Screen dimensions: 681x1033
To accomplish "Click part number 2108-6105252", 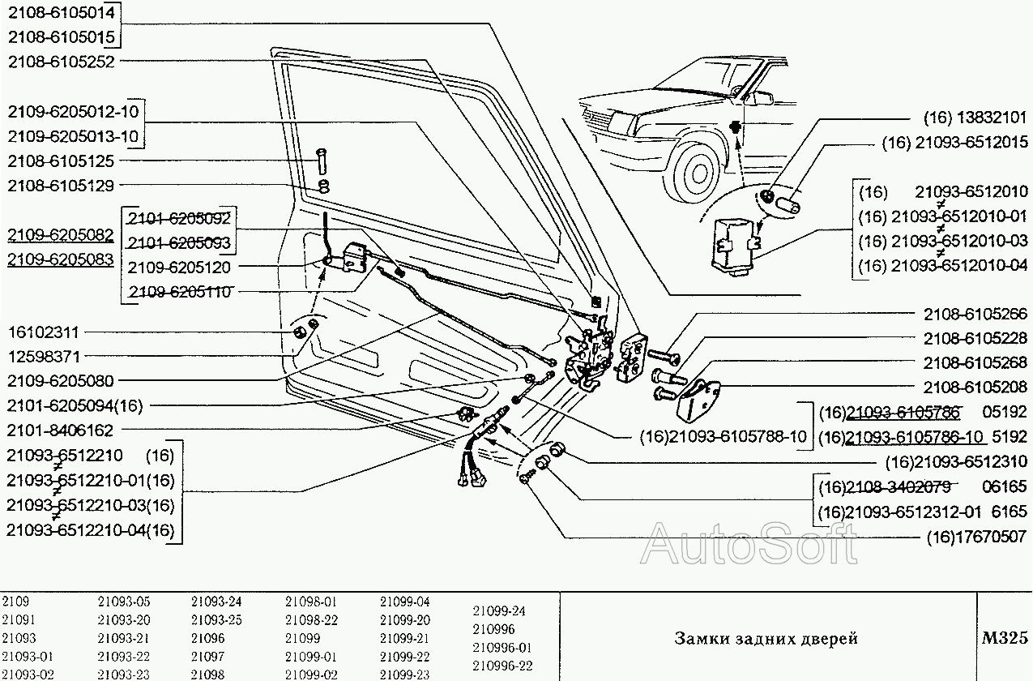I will coord(61,61).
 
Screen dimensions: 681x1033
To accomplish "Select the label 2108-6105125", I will coord(61,161).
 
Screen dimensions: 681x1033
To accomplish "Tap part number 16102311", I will coord(44,332).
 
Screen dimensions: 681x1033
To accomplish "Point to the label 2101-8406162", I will coord(61,430).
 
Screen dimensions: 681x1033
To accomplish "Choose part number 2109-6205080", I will coord(61,380).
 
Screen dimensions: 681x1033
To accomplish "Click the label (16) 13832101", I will coord(975,118).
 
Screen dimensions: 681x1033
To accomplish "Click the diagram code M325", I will coord(1004,637).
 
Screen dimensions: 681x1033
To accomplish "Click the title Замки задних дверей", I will coord(766,638).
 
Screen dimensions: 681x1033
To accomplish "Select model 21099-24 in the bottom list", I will coord(499,610).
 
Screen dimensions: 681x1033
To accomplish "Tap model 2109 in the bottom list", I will coord(15,602).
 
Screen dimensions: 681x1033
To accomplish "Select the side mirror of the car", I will coord(762,98).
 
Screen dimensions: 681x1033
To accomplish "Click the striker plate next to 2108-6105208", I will coord(699,396).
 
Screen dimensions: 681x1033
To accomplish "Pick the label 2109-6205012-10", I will coord(73,111).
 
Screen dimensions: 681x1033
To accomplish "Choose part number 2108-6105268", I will coord(975,362).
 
